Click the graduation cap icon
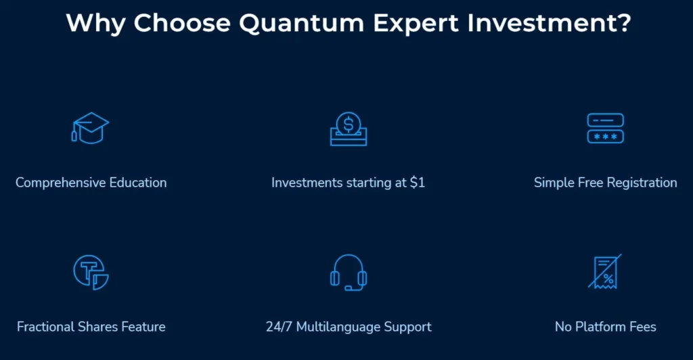tap(90, 128)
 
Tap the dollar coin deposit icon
tap(349, 129)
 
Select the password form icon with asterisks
tap(605, 128)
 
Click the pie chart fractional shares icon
tap(91, 272)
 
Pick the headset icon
tap(349, 273)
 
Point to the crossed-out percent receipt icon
tap(605, 271)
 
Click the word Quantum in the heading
tap(301, 23)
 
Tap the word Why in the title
tap(95, 23)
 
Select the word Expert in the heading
tap(416, 24)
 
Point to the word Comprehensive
tap(60, 183)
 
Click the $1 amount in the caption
tap(417, 183)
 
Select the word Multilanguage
tap(338, 328)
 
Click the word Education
tap(138, 183)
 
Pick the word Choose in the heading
tap(181, 23)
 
